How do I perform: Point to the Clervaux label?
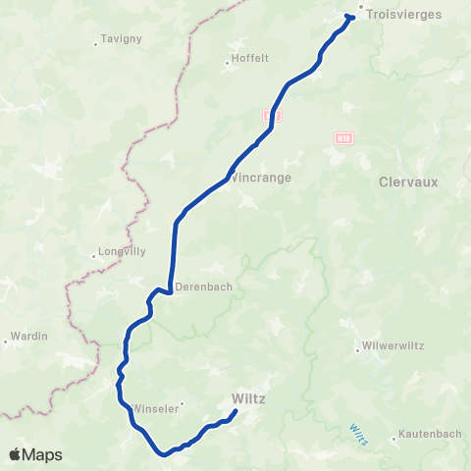click(x=406, y=182)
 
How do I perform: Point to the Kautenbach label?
click(x=422, y=437)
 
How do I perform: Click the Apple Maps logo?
click(x=35, y=454)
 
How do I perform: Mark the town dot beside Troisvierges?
click(x=361, y=9)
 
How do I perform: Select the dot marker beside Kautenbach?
click(x=392, y=437)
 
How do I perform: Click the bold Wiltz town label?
click(x=249, y=398)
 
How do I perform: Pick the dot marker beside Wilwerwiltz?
click(x=358, y=347)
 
